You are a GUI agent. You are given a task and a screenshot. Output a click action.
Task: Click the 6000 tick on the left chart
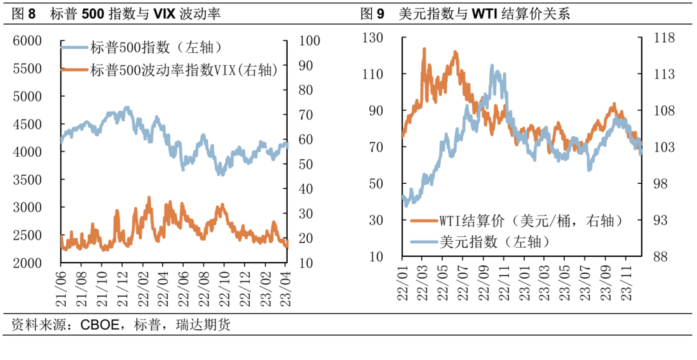tap(28, 41)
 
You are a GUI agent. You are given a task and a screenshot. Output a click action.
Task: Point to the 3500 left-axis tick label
tap(28, 179)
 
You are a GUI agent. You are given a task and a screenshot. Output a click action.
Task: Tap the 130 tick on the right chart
tap(373, 38)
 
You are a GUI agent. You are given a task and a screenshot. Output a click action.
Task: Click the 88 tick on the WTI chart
tap(660, 257)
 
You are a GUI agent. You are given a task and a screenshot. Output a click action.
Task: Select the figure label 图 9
tap(376, 13)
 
